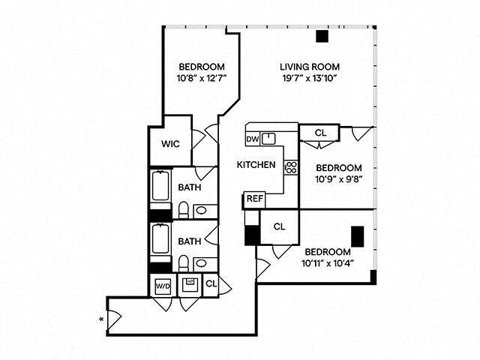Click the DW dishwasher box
(252, 138)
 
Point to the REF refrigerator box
(255, 199)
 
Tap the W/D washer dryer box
(163, 286)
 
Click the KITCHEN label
(256, 165)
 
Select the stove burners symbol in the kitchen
(290, 168)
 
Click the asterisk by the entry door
(101, 320)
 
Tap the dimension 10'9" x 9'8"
(338, 181)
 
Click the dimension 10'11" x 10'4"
(328, 263)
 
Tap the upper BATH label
(189, 188)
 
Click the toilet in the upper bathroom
(183, 209)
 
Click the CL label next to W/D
(211, 283)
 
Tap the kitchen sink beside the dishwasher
(269, 138)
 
